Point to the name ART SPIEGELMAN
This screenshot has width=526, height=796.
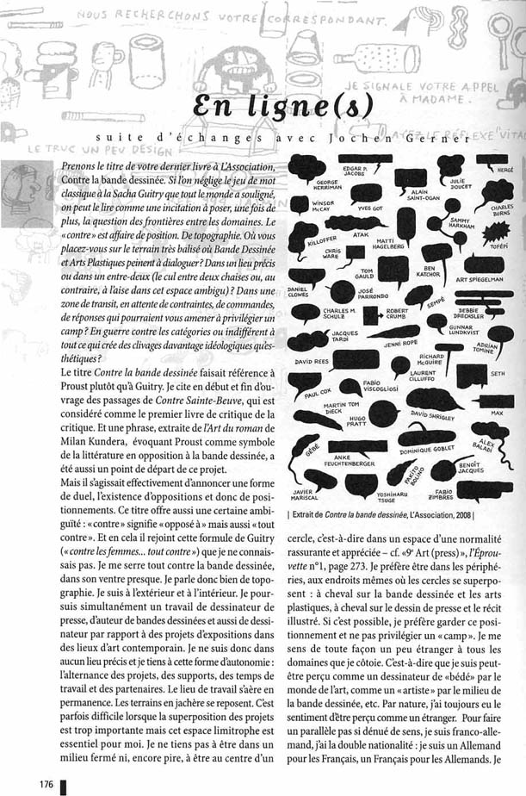click(x=485, y=280)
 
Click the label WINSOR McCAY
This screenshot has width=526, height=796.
click(x=322, y=208)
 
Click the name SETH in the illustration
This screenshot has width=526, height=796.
click(x=497, y=374)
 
